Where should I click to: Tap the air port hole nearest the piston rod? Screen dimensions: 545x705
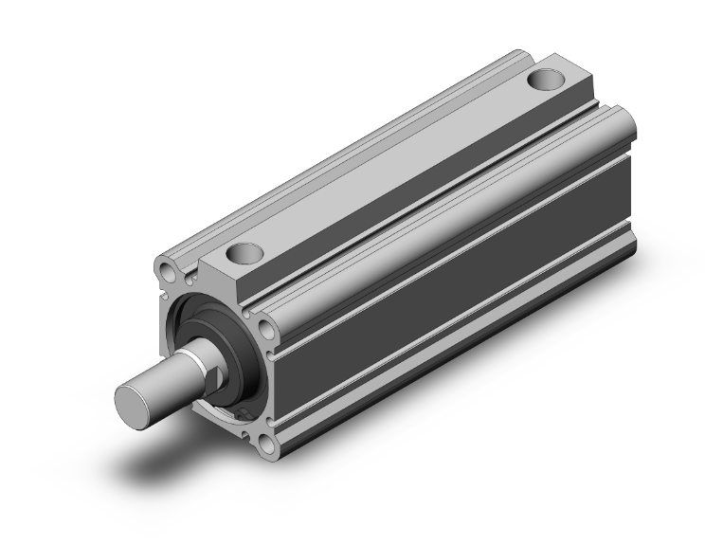[244, 254]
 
